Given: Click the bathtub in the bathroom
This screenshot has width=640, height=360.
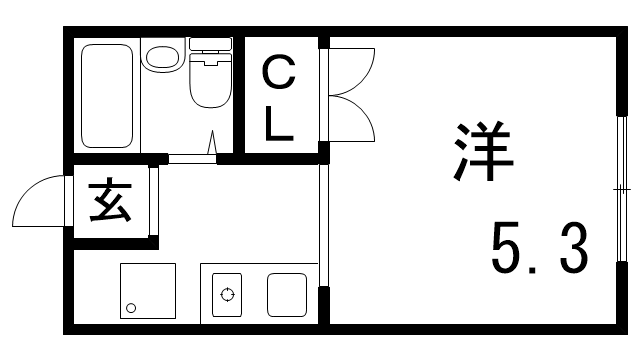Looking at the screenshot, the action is (107, 95).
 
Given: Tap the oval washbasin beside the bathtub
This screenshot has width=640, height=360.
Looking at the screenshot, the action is (160, 56).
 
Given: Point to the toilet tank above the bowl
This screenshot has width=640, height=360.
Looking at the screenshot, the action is (209, 46).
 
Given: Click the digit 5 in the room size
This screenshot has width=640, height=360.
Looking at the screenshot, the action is (509, 249).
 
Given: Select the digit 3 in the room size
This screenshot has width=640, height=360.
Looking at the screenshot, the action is (572, 249).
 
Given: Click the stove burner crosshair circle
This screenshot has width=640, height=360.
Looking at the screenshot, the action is (228, 295).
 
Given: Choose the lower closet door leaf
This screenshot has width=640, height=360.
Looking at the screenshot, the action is (352, 120).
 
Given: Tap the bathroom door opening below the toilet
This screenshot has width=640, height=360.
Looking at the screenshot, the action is (192, 157).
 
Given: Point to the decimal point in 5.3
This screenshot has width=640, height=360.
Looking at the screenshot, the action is (541, 269).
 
